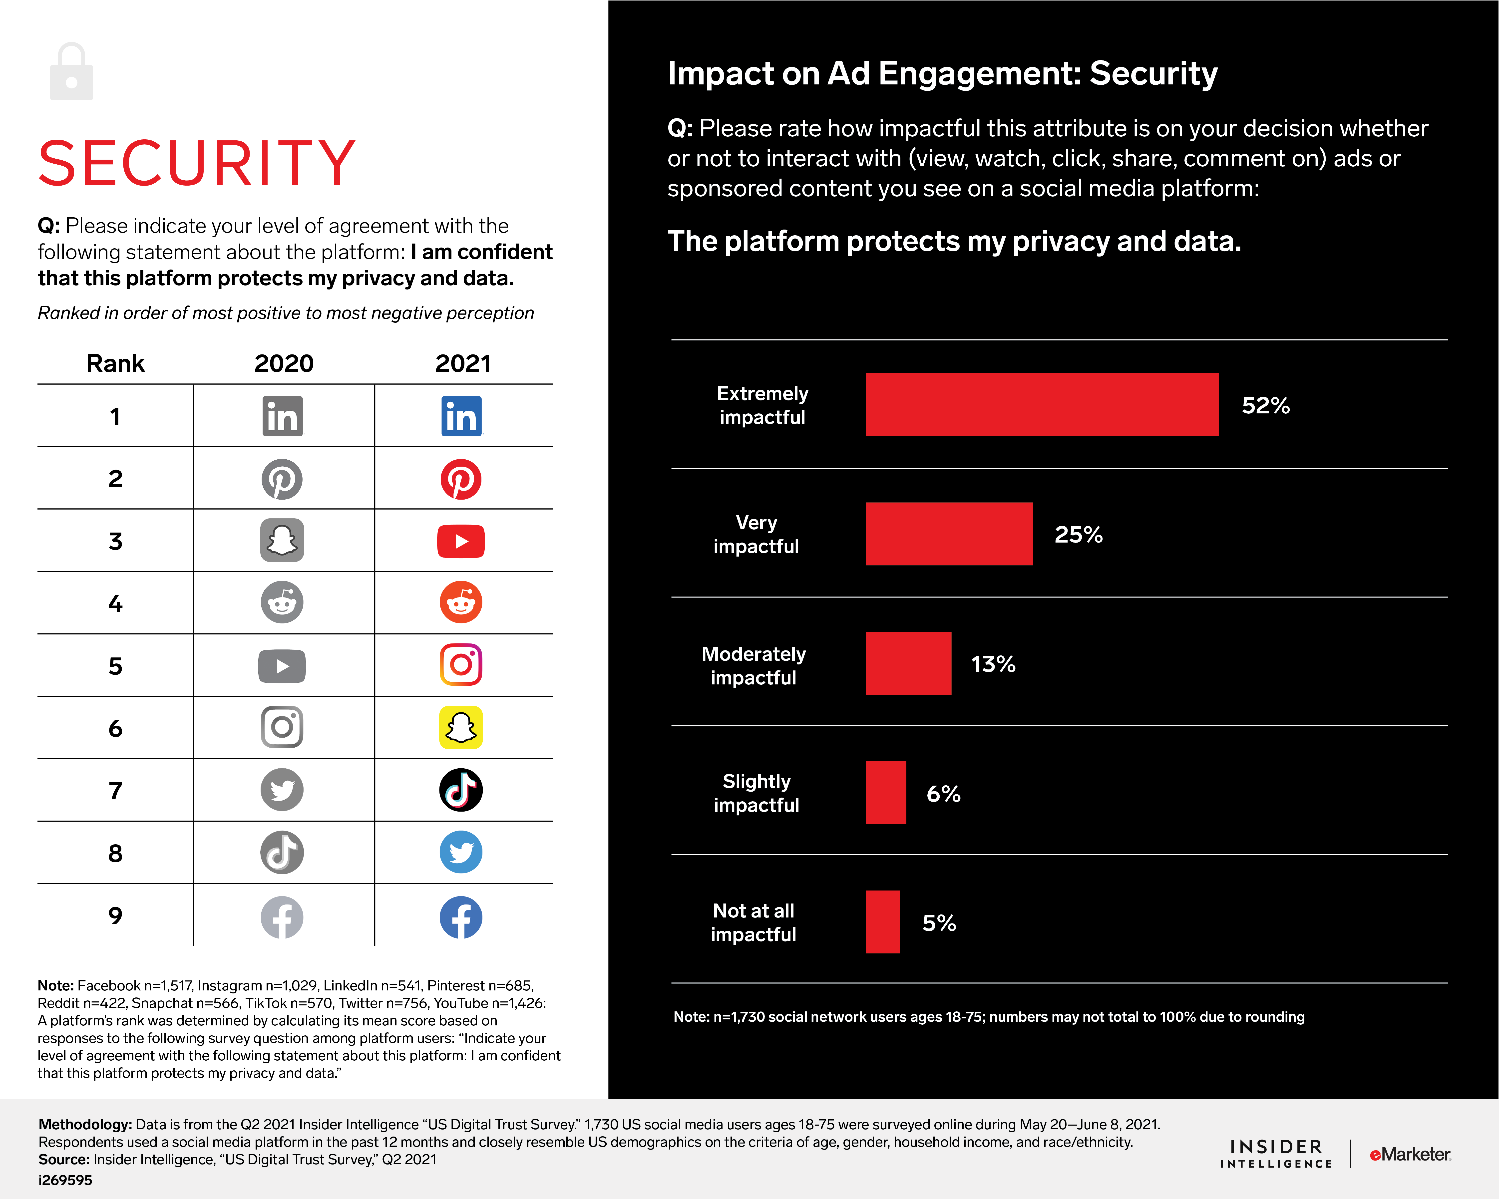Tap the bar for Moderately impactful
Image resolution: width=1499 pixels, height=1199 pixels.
pyautogui.click(x=908, y=663)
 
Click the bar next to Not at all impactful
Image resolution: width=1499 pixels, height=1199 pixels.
pyautogui.click(x=882, y=922)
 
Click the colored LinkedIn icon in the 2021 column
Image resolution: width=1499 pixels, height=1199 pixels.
pyautogui.click(x=461, y=416)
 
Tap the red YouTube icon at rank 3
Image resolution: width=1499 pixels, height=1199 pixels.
pyautogui.click(x=461, y=542)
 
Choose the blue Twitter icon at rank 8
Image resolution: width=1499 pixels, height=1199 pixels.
pyautogui.click(x=461, y=852)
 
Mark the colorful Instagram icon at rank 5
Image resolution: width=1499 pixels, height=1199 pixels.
pyautogui.click(x=461, y=664)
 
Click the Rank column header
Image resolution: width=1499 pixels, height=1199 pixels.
pyautogui.click(x=115, y=363)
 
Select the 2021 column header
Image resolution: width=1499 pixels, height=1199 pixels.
pyautogui.click(x=463, y=363)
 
